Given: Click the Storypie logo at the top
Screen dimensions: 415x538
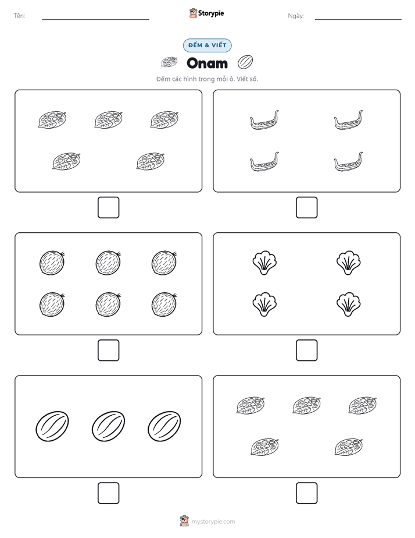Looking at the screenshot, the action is click(207, 13).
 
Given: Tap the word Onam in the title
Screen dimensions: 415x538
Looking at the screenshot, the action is click(207, 63).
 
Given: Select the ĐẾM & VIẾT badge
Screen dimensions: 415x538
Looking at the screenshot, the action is click(207, 45).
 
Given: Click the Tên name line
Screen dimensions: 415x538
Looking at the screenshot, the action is click(95, 19).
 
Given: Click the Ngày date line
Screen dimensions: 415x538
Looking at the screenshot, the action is click(358, 19).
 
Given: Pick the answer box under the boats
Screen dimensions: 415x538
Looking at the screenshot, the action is click(306, 208).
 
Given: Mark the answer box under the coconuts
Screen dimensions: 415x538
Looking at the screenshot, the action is click(109, 351).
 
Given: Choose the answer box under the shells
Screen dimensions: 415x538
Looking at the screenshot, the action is click(306, 351).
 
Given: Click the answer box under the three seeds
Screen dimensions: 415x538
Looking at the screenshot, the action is click(109, 493).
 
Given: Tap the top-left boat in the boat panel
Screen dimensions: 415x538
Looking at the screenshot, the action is click(264, 121).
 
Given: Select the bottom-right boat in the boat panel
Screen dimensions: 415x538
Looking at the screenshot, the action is click(348, 162).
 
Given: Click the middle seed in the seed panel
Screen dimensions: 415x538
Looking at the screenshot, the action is click(108, 426).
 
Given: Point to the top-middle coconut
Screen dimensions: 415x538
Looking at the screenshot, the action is click(108, 263).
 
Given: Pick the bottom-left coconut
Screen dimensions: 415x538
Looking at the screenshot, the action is click(52, 305).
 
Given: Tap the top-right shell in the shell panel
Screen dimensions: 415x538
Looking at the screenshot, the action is click(348, 263).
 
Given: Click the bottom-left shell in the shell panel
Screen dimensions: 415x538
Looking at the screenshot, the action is click(264, 305).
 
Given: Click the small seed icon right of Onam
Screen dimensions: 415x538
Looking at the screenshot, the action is click(245, 62).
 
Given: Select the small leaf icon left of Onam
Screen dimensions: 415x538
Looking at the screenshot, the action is click(169, 62).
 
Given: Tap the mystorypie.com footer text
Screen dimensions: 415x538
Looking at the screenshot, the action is click(213, 522).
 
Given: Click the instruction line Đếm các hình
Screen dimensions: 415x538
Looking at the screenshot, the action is click(207, 79).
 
